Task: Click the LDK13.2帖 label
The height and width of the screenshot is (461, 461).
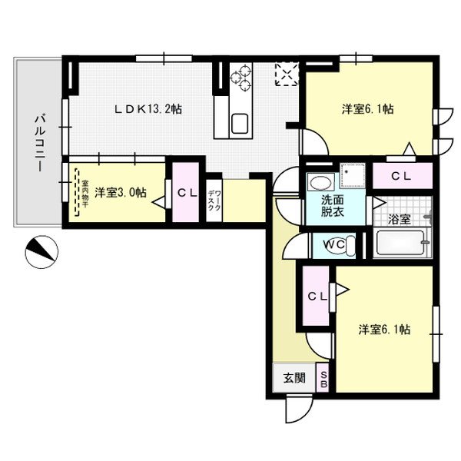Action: tap(148, 109)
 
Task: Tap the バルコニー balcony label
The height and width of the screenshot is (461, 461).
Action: tap(40, 144)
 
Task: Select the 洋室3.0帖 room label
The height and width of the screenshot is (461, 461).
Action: tap(121, 193)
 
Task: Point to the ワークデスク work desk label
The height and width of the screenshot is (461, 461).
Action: tap(214, 201)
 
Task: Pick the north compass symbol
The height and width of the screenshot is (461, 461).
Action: tap(41, 252)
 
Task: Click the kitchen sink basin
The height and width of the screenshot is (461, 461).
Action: tap(240, 124)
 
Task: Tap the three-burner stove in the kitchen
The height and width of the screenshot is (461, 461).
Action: tap(240, 77)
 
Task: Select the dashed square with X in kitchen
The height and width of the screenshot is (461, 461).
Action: tap(287, 74)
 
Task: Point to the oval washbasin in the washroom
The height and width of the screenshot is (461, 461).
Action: tap(320, 183)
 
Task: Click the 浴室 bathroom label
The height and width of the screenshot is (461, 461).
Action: tap(399, 219)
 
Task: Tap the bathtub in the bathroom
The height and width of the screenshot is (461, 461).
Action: tap(400, 243)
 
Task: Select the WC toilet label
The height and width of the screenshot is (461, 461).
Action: tap(333, 244)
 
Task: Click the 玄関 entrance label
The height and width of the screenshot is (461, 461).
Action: tap(294, 378)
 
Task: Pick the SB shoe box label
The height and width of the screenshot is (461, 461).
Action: tap(323, 380)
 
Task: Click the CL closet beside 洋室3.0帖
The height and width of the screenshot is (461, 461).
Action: tap(187, 193)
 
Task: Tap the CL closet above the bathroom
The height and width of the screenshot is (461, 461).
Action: tap(401, 176)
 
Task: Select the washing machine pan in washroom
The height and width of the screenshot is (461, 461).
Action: tap(353, 175)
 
